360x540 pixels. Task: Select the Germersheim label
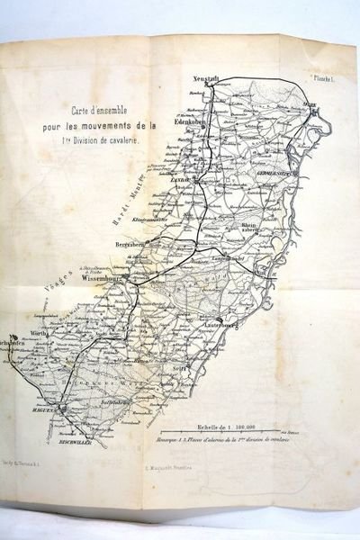point(274,172)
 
